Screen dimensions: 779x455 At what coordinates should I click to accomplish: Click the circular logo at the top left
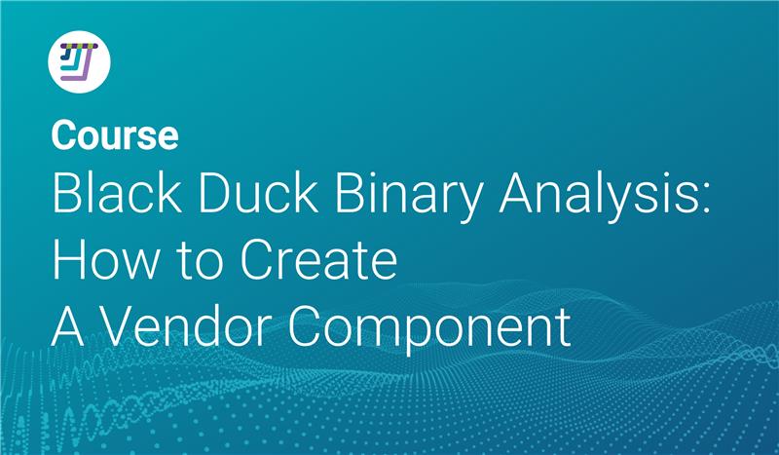point(79,61)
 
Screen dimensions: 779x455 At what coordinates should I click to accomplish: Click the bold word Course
point(115,134)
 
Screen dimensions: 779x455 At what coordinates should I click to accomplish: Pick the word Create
point(319,259)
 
